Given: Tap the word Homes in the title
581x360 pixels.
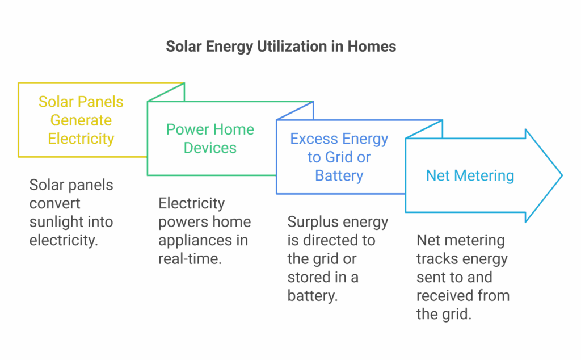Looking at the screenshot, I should click(371, 47).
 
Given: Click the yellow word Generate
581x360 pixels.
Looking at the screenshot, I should click(81, 120).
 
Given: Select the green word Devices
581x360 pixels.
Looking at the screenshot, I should click(210, 148).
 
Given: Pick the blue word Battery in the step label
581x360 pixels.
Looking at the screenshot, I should click(339, 175).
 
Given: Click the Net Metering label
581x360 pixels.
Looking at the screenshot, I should click(470, 175).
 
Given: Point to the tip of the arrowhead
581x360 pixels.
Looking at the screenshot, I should click(562, 175).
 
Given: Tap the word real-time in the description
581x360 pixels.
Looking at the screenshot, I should click(190, 259).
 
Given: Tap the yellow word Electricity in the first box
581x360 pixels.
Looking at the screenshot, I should click(81, 139).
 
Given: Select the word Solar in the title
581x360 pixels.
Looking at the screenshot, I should click(183, 47).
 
